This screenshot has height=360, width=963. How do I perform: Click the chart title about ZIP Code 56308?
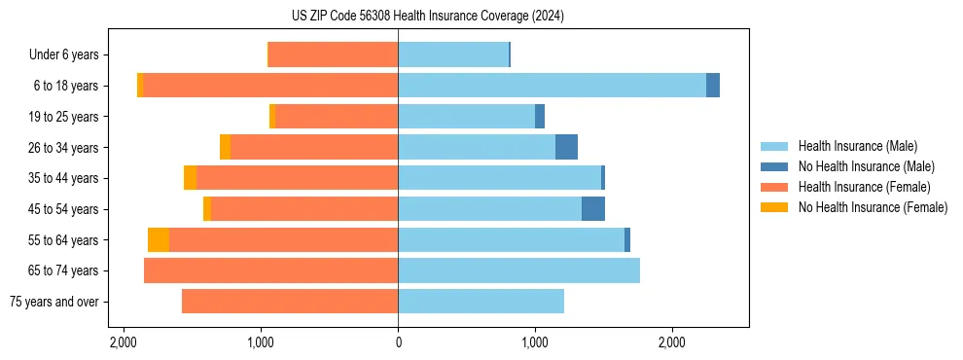tap(427, 16)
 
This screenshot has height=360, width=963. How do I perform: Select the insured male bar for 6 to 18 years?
tap(552, 86)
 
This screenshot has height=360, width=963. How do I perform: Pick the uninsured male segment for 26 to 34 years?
tap(566, 147)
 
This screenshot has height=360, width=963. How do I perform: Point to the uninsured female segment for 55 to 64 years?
tap(159, 239)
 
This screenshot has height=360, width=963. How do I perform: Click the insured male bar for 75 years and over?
tap(481, 302)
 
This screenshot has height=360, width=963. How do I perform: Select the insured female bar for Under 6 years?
tap(333, 54)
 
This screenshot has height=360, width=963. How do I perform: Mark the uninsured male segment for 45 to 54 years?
tap(593, 209)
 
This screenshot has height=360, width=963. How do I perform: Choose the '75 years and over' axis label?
tap(54, 302)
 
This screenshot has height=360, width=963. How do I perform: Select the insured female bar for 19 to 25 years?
tap(337, 117)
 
